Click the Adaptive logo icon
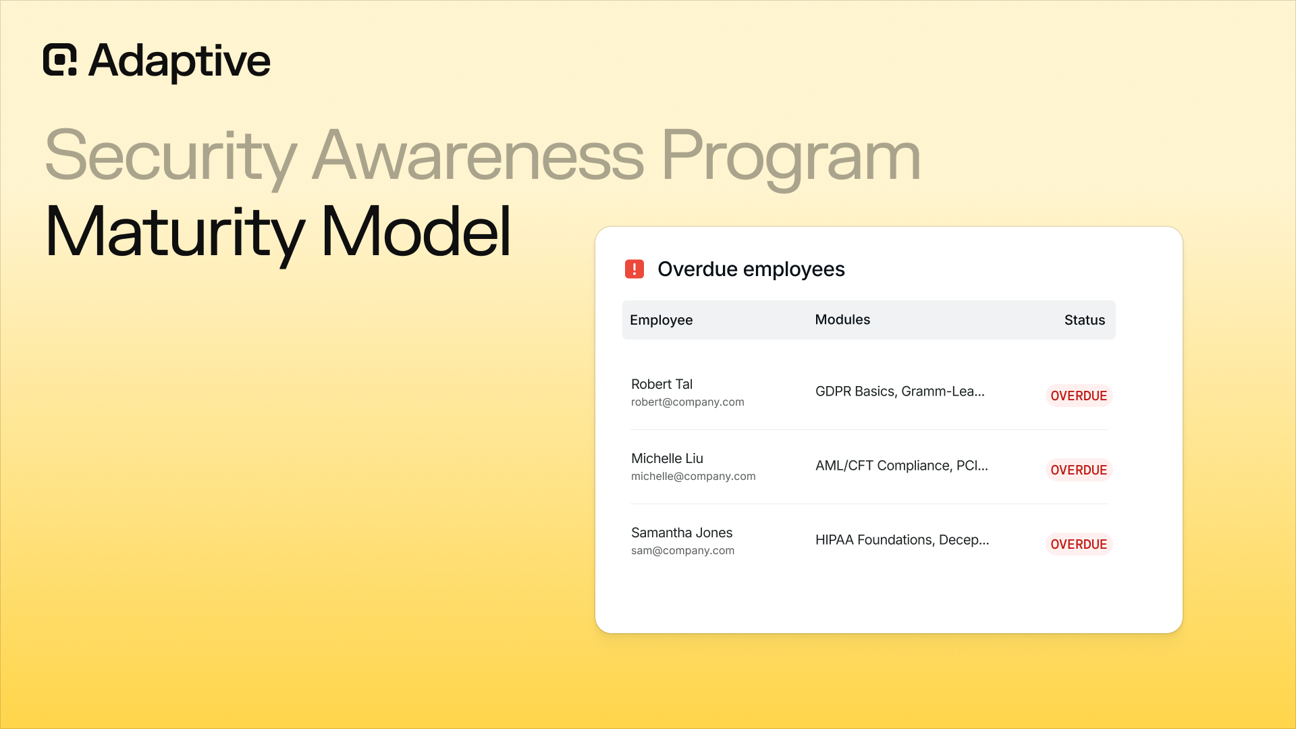(60, 60)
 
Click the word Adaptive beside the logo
(180, 61)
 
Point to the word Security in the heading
(171, 157)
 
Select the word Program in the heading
(791, 157)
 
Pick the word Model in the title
(416, 231)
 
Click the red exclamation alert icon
(634, 269)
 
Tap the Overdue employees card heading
(751, 269)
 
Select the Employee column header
(661, 321)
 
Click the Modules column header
(842, 320)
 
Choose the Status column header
(1085, 320)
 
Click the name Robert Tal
(661, 384)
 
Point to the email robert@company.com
(688, 402)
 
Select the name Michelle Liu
(667, 458)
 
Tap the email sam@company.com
(682, 551)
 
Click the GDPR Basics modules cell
(900, 391)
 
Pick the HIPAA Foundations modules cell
(902, 540)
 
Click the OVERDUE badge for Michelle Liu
(1079, 470)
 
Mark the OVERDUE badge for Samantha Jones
(1079, 544)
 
